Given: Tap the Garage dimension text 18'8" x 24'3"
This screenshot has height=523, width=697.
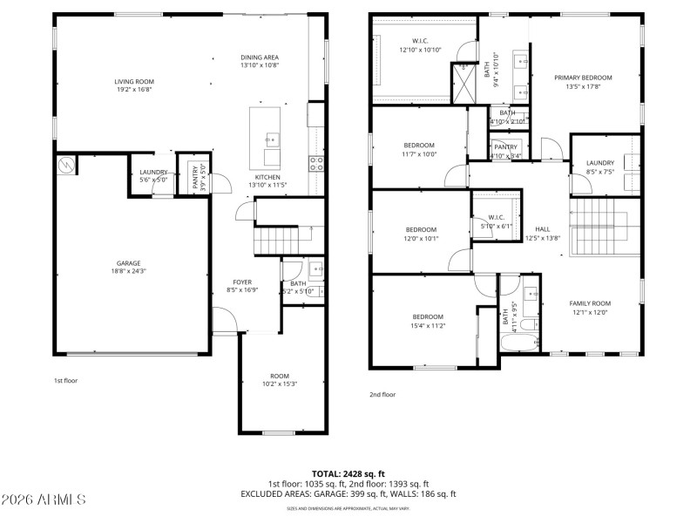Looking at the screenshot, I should point(129,271).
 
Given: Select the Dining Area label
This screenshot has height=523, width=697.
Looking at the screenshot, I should point(259,58).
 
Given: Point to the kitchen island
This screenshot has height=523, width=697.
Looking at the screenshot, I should point(266,138).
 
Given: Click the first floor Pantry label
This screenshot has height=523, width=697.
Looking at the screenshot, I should point(195,177).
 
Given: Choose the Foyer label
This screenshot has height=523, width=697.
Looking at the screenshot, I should point(241,282).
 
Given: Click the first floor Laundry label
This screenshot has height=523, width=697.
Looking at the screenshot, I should point(153,173).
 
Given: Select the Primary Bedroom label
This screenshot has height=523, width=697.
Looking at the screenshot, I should point(583,78).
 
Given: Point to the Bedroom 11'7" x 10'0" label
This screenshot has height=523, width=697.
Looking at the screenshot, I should point(419,145).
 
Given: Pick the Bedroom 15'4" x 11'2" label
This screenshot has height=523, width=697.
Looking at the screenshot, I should point(428,316).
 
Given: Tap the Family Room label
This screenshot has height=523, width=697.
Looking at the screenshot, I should point(589,303).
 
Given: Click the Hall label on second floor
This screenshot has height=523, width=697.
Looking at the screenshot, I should point(542,229).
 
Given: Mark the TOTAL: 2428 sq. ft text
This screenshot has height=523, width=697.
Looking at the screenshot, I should point(348,473).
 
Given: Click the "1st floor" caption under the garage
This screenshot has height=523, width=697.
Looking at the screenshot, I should point(65,380).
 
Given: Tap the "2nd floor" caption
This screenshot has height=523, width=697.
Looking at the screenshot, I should point(382,394).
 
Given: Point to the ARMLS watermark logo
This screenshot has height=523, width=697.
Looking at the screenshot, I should point(44,499).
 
